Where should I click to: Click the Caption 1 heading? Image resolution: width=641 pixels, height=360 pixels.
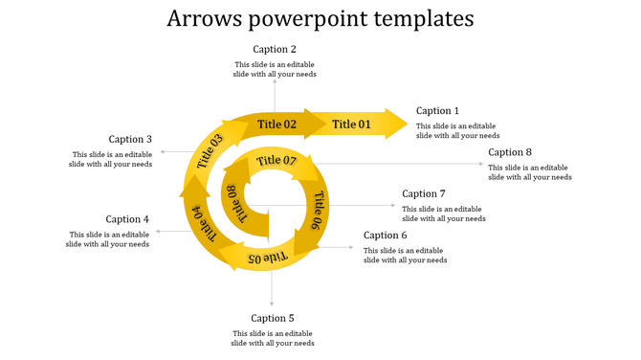(437, 111)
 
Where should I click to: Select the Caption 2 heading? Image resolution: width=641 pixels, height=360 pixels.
(275, 49)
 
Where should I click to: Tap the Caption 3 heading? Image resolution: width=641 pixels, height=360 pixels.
(130, 139)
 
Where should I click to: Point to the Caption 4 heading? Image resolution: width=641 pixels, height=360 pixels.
(127, 219)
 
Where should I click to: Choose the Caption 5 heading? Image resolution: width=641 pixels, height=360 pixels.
(273, 318)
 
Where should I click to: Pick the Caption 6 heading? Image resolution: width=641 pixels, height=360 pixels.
(386, 236)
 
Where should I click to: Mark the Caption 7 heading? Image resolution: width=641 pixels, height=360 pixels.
(424, 193)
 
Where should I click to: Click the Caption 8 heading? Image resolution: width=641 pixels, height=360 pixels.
(510, 152)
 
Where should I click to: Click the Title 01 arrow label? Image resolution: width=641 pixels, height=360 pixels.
(351, 124)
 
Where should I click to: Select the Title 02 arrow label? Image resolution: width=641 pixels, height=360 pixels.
(276, 124)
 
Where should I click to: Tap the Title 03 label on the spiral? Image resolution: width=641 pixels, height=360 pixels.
(210, 152)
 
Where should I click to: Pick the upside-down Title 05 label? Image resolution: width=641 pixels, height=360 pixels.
(268, 258)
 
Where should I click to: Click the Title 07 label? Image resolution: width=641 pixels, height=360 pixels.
(276, 160)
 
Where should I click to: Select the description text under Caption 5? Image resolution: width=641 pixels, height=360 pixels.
(273, 337)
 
